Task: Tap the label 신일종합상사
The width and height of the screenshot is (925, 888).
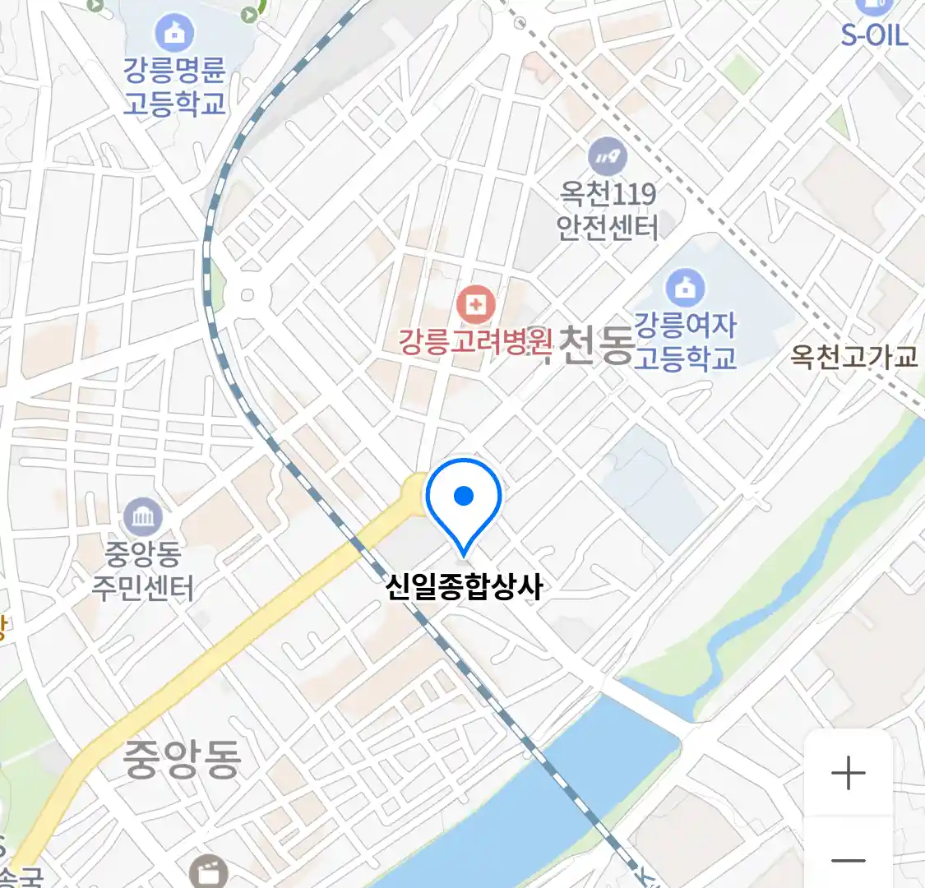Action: click(x=465, y=587)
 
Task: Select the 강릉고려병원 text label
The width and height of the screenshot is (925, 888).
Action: click(x=474, y=341)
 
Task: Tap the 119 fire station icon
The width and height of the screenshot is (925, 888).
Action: click(x=607, y=156)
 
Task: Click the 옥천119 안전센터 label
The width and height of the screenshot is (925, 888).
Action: click(x=608, y=210)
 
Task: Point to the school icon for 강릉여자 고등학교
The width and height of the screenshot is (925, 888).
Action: click(x=684, y=288)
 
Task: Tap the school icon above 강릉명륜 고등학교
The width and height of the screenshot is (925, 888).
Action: click(x=174, y=33)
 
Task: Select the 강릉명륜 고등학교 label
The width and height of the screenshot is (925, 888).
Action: click(x=174, y=86)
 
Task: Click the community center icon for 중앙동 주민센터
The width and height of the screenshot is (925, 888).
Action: click(x=145, y=518)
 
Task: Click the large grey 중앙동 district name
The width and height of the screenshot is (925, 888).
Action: click(x=182, y=759)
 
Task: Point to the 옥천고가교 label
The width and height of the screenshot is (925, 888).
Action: click(x=854, y=357)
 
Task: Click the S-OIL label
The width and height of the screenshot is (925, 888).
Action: click(x=874, y=35)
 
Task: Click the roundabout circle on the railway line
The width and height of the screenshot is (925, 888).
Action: click(x=247, y=294)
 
